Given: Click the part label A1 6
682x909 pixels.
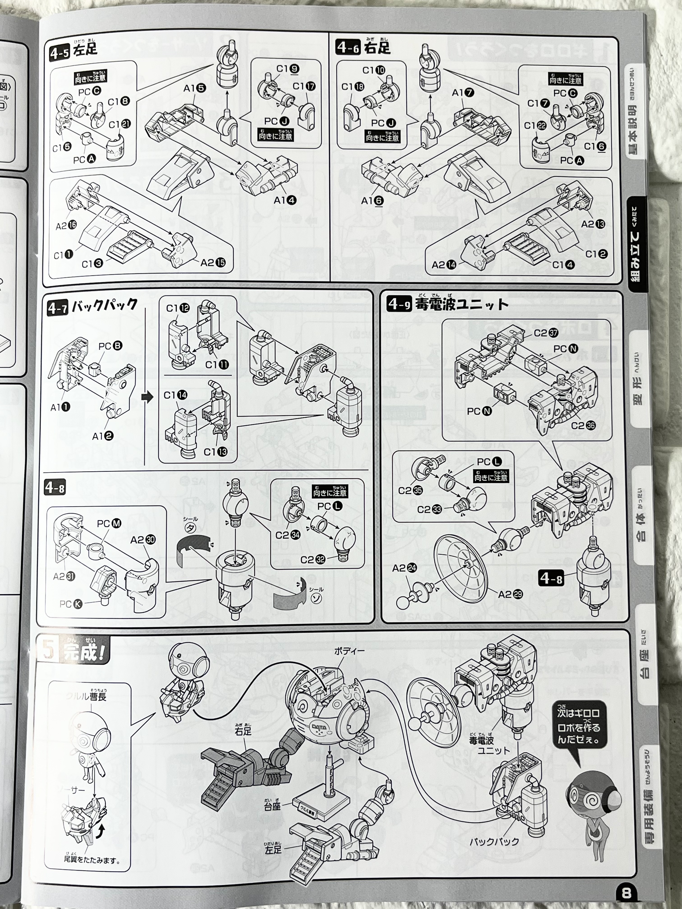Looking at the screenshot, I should [372, 201].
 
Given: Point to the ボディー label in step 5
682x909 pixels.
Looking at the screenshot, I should [349, 651].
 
